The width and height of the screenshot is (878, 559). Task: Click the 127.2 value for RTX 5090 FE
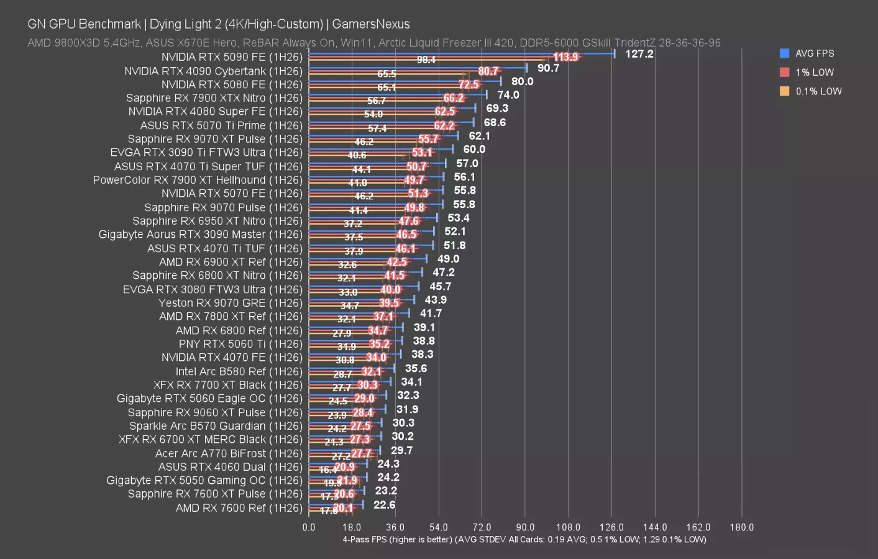point(639,54)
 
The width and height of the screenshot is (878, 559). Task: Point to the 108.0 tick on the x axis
point(568,527)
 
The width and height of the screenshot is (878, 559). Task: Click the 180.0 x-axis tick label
point(741,527)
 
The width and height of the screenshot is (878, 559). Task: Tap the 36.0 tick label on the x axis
point(395,527)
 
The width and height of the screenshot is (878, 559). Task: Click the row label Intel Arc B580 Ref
point(239,371)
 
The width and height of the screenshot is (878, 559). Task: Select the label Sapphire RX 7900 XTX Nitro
point(214,98)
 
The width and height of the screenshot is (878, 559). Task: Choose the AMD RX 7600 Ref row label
point(239,508)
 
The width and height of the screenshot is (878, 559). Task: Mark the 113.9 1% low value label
point(565,57)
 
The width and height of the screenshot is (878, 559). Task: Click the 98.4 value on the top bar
point(426,60)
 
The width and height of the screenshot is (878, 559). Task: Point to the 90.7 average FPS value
point(548,68)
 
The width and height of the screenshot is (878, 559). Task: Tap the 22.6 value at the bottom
point(384,505)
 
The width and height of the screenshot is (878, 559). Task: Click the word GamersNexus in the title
point(371,24)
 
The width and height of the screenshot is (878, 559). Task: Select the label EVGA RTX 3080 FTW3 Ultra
point(213,289)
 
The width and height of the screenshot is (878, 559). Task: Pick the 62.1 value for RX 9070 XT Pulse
point(479,136)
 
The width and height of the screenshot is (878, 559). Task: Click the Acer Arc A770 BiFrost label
point(229,453)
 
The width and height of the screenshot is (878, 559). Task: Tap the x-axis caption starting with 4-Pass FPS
point(524,540)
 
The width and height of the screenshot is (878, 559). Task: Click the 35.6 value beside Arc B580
point(416,368)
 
